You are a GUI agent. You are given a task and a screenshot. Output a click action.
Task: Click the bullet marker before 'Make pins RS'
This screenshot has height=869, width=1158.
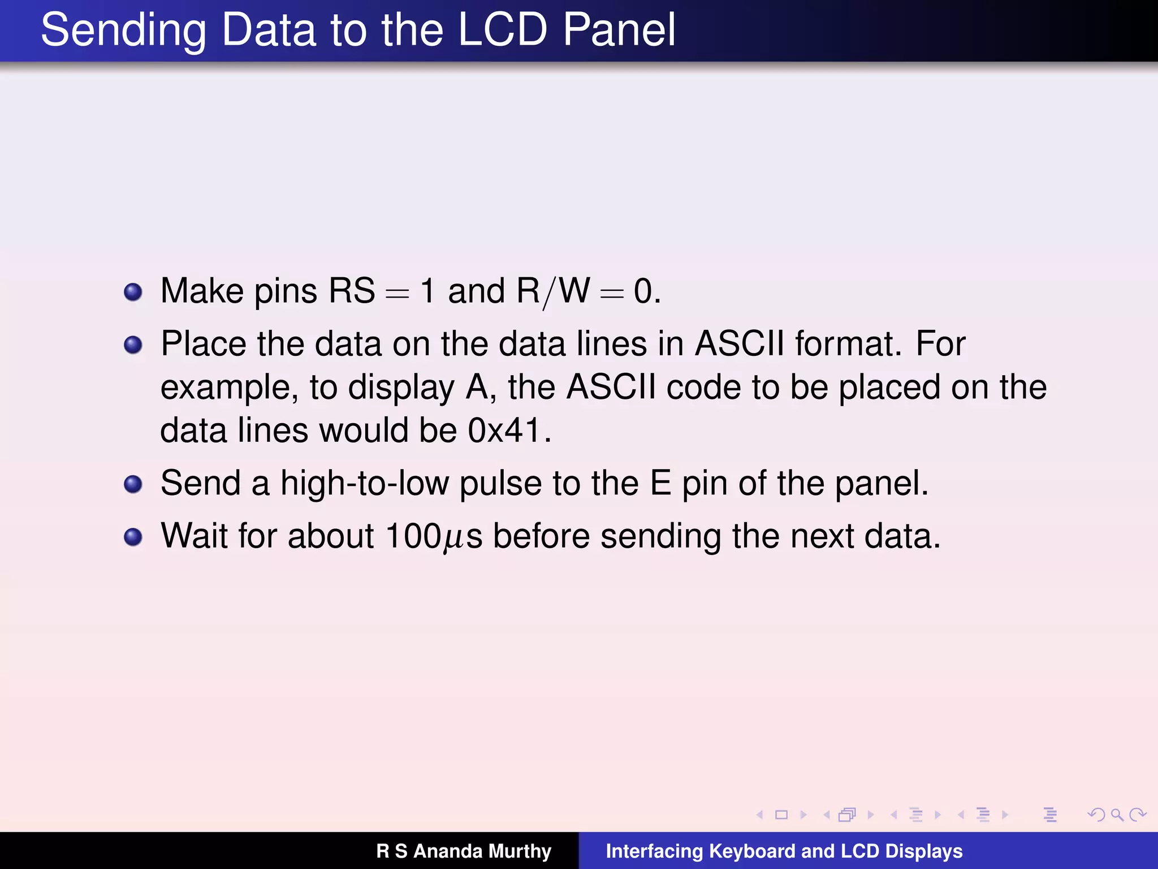tap(133, 292)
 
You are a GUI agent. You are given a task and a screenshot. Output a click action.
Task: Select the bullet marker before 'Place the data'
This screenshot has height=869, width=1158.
tap(133, 345)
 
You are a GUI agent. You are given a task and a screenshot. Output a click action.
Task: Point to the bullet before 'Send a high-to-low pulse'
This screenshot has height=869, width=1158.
tap(133, 484)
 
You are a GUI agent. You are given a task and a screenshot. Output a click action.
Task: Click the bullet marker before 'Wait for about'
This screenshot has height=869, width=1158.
tap(133, 537)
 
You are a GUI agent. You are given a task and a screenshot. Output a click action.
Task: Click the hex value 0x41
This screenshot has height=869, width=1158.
tap(504, 431)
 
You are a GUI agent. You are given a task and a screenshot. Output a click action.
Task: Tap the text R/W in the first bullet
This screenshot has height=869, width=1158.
tap(553, 292)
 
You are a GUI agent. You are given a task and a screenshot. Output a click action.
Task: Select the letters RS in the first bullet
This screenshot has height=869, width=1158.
tap(352, 291)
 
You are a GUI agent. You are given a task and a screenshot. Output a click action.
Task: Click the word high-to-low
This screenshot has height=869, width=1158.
tap(365, 484)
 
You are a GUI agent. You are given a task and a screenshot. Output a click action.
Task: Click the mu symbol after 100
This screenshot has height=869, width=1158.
tap(454, 539)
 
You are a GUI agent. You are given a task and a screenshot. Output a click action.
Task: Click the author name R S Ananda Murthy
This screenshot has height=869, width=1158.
tap(464, 851)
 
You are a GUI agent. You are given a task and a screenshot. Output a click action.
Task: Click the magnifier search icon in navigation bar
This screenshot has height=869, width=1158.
tap(1117, 815)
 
